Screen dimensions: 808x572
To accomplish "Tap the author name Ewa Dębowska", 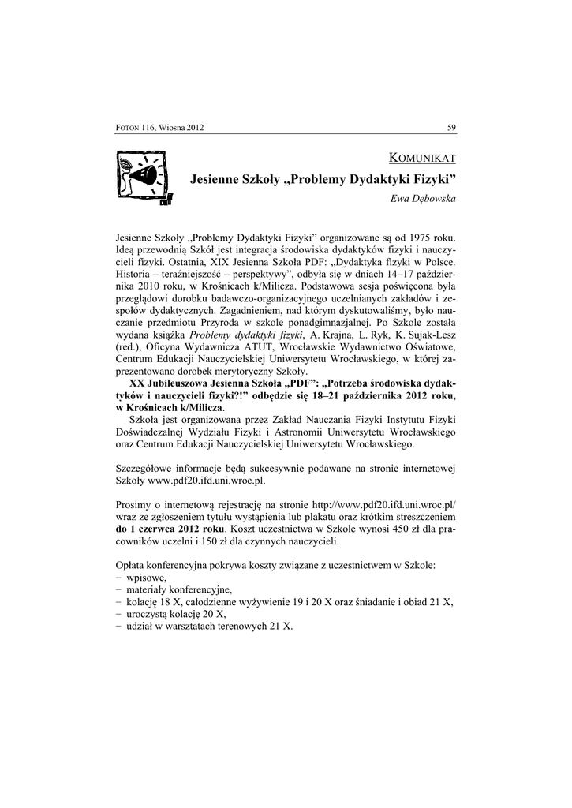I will pyautogui.click(x=423, y=199).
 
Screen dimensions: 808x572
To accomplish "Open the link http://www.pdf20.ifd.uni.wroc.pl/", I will pyautogui.click(x=385, y=504).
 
